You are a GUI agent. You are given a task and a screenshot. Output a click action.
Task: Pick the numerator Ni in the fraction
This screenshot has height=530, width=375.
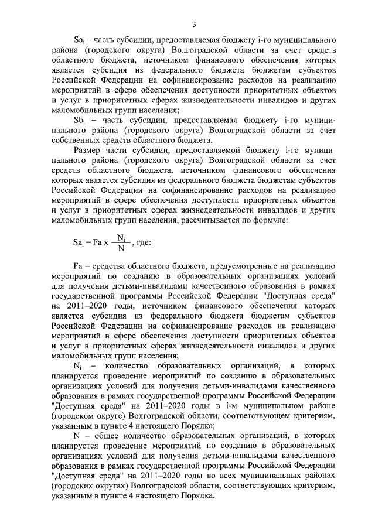pos(121,238)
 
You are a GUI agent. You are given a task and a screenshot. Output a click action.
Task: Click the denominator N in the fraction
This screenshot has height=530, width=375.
pos(121,248)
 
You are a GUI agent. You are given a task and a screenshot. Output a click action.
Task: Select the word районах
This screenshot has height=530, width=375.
pos(318,476)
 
